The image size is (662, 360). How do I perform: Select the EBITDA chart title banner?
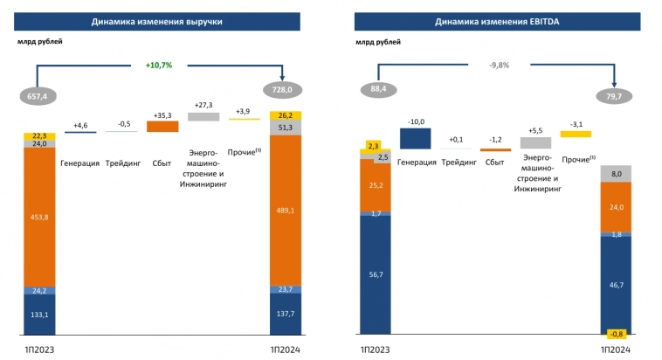point(501,20)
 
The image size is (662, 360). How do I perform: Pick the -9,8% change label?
point(500,64)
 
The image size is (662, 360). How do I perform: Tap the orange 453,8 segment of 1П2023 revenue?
point(39,218)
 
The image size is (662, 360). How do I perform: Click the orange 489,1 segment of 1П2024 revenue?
point(287,210)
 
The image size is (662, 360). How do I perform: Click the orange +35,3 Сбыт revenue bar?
point(162,126)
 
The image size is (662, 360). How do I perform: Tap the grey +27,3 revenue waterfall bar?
point(203,116)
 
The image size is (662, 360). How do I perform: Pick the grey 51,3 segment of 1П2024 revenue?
point(287,128)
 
